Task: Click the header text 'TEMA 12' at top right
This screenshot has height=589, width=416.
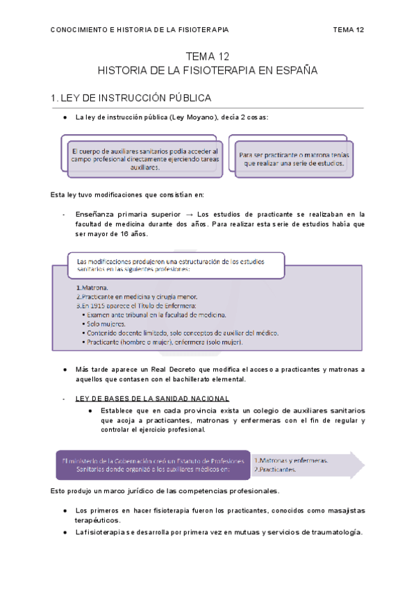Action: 349,30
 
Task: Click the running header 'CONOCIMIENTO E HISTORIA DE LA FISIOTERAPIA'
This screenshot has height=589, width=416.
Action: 140,30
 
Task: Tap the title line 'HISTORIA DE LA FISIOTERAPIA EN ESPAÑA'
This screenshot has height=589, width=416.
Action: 208,71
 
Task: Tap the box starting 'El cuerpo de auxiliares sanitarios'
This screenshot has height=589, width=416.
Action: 144,158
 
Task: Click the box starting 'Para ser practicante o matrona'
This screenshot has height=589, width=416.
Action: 295,159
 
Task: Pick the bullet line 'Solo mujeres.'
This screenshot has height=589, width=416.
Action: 106,323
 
